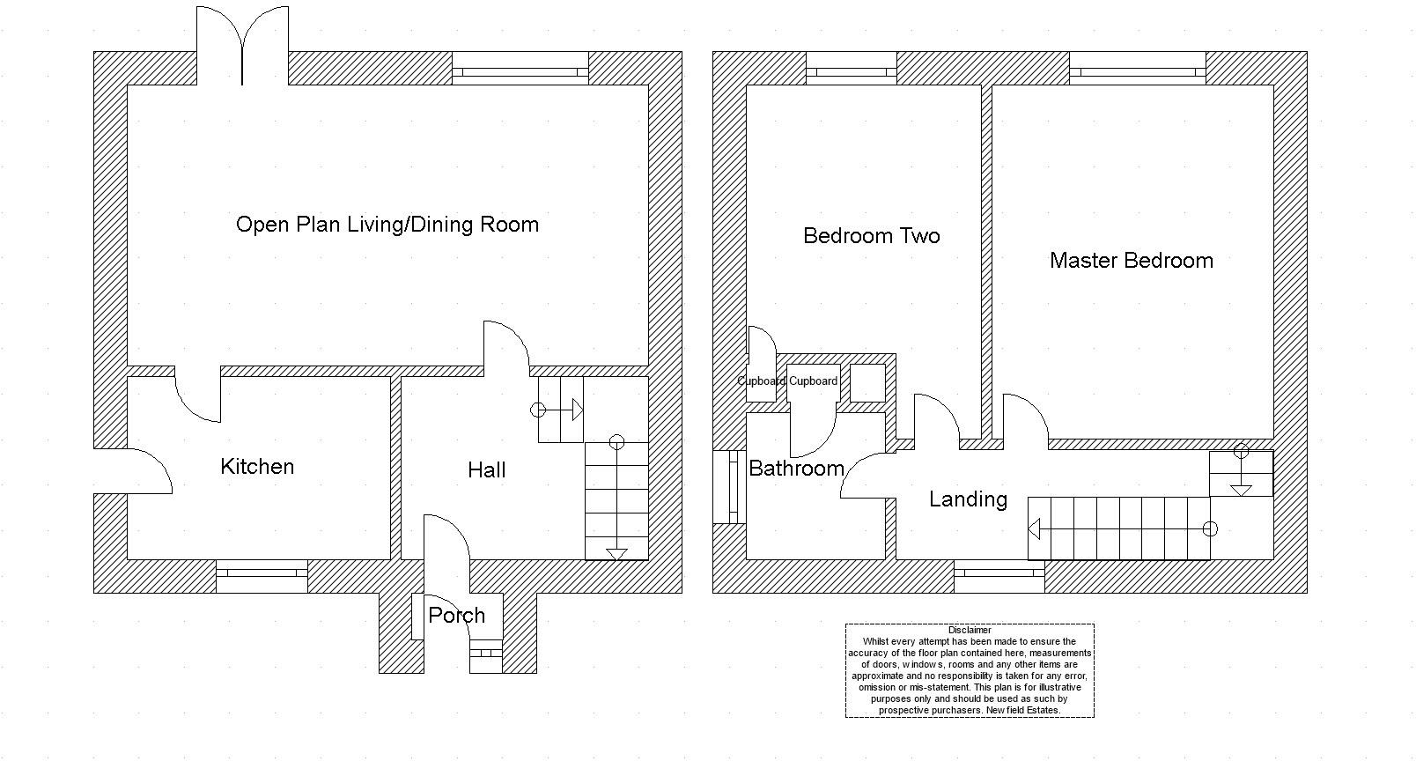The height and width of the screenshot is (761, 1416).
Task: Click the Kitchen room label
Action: click(257, 467)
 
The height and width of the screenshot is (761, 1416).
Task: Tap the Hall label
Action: click(487, 469)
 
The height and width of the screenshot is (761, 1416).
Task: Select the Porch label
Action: click(456, 615)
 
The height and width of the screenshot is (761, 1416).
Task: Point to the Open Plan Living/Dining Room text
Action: click(387, 225)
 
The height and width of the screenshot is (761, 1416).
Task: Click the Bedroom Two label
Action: click(872, 236)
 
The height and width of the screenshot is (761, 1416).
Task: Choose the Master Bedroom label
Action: click(1132, 261)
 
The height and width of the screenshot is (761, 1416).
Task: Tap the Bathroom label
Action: click(796, 469)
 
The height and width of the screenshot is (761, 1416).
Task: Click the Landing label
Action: click(968, 499)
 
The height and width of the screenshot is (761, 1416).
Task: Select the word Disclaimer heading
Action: click(970, 630)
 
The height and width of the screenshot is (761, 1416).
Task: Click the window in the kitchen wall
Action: click(262, 576)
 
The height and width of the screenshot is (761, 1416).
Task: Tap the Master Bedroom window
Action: click(1138, 69)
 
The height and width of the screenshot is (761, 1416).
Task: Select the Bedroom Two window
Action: click(852, 69)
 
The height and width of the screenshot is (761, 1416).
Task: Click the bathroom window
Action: click(729, 487)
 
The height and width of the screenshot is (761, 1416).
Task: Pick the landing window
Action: click(999, 576)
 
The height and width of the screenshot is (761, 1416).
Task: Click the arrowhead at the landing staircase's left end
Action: click(1034, 529)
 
